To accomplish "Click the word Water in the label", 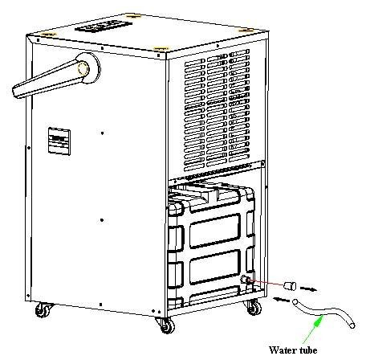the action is point(282,350).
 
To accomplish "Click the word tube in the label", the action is point(308,350).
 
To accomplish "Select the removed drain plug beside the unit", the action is point(290,286).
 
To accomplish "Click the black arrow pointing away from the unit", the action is point(308,289).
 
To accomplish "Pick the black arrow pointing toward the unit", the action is point(281,299).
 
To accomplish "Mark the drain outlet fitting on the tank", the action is point(245,280).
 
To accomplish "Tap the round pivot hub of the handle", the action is point(88,68).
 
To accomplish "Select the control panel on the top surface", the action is point(104,26).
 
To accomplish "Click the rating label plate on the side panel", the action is point(59,141).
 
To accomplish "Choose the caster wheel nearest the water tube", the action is point(254,308).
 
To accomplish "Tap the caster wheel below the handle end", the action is point(43,311).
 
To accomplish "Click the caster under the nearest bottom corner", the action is point(166,325).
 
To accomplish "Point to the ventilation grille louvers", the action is point(217,110).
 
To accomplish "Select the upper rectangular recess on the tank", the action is point(215,231).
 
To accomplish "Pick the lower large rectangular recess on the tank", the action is point(215,267).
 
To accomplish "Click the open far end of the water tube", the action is point(352,325).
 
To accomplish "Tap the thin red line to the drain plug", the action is point(266,283).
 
